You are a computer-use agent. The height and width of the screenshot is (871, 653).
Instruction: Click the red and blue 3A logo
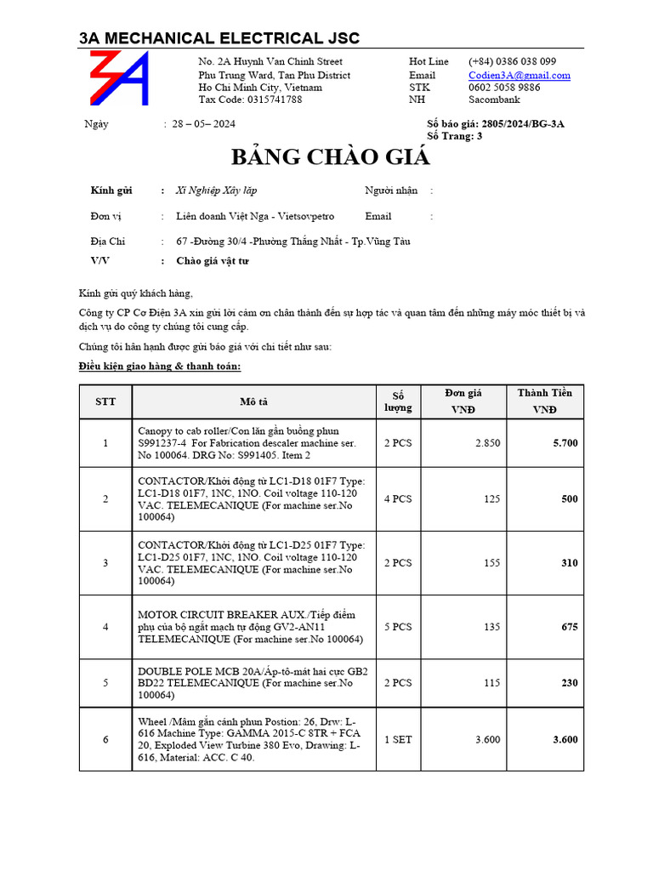pyautogui.click(x=119, y=78)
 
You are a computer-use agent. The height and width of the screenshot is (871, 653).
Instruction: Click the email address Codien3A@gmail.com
pyautogui.click(x=519, y=75)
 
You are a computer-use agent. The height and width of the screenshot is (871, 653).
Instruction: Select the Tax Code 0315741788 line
pyautogui.click(x=250, y=100)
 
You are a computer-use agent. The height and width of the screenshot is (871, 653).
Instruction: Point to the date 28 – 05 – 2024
pyautogui.click(x=204, y=124)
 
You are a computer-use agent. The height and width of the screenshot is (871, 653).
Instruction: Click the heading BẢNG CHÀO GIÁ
pyautogui.click(x=331, y=157)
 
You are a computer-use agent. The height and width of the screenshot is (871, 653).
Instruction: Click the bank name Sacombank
pyautogui.click(x=494, y=100)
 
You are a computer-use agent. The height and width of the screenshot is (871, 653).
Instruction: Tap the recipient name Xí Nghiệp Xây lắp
pyautogui.click(x=216, y=191)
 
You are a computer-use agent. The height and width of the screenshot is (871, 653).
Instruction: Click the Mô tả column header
pyautogui.click(x=253, y=401)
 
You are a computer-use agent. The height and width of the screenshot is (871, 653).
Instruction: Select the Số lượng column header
pyautogui.click(x=398, y=401)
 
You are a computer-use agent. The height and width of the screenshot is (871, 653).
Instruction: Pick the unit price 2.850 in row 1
pyautogui.click(x=487, y=443)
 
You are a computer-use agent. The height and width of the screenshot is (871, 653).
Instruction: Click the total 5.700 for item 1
pyautogui.click(x=565, y=443)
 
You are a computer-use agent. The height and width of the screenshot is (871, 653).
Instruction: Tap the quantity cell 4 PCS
pyautogui.click(x=397, y=499)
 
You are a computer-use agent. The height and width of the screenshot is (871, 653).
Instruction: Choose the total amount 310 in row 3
pyautogui.click(x=569, y=563)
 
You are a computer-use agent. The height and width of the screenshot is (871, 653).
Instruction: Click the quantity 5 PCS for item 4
pyautogui.click(x=397, y=627)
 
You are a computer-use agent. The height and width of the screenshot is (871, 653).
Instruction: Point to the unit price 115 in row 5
pyautogui.click(x=491, y=683)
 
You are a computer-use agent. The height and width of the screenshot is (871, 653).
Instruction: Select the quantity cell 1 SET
pyautogui.click(x=397, y=740)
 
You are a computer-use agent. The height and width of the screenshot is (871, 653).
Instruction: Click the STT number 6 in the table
pyautogui.click(x=105, y=740)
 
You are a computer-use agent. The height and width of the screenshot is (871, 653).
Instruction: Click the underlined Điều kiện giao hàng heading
pyautogui.click(x=160, y=366)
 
